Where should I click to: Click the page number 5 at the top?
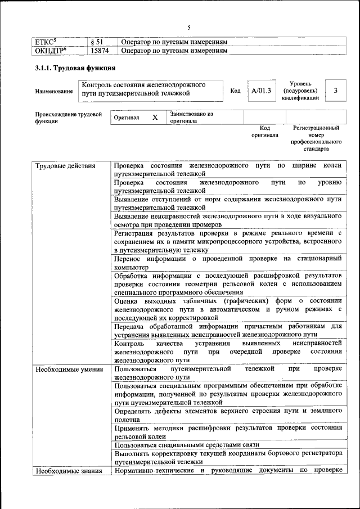(x=189, y=27)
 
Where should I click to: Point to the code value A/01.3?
(x=261, y=91)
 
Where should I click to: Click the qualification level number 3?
(x=336, y=91)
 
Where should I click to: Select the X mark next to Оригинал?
(x=155, y=118)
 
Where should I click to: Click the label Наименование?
(x=53, y=91)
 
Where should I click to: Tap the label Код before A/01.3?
(x=236, y=91)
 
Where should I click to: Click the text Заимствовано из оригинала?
(x=191, y=117)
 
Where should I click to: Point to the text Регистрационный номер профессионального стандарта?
(x=317, y=138)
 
